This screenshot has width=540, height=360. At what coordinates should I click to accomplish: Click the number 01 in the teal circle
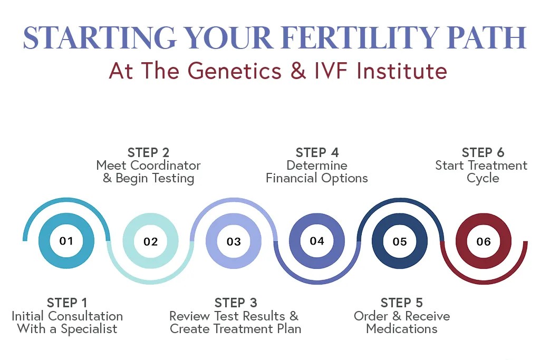(66, 241)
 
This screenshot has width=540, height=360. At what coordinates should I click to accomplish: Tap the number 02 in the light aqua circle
(150, 242)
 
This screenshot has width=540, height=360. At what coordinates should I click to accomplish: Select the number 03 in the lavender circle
(234, 242)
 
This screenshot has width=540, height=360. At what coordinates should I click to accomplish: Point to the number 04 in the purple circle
(316, 241)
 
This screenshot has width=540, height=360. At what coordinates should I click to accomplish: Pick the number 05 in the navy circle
(400, 242)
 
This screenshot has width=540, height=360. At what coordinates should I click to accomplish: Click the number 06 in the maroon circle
(483, 242)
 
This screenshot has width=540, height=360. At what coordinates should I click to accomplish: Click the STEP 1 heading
(67, 303)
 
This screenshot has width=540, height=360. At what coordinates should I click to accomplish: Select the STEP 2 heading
(148, 153)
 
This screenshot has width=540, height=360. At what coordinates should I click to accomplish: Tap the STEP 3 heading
(236, 303)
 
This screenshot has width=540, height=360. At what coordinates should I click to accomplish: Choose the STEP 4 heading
(316, 153)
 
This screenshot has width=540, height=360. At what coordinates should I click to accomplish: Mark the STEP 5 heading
(401, 303)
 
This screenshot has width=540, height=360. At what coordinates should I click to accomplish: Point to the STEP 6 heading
(483, 153)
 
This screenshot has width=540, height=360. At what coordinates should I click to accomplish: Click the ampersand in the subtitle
(299, 71)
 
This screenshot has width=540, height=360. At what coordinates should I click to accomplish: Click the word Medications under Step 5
(401, 329)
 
